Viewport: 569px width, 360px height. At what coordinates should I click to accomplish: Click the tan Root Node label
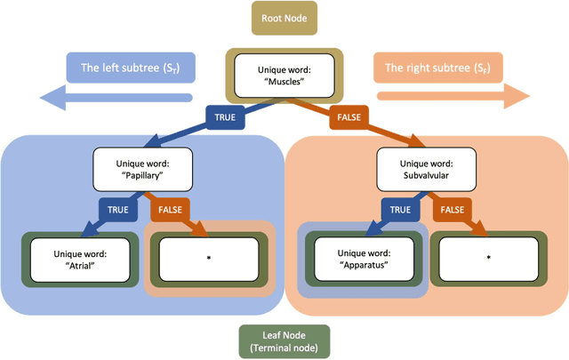284,16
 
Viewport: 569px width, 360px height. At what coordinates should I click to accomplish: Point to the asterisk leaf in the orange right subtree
489,259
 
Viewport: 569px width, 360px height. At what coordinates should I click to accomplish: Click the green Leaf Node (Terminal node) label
284,341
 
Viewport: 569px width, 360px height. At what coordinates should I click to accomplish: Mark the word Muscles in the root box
287,82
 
